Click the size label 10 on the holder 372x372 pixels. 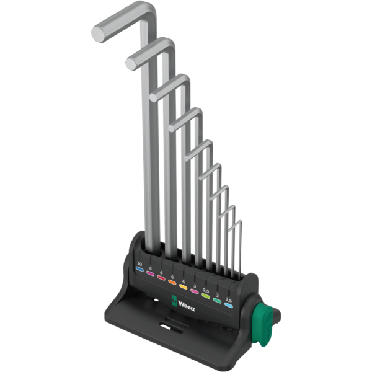click(139, 264)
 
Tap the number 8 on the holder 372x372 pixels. click(150, 268)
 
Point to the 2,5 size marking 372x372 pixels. click(206, 290)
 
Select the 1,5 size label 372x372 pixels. click(229, 300)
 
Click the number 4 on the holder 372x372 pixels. click(183, 281)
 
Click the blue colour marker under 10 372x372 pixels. click(139, 269)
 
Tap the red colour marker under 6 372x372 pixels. click(161, 278)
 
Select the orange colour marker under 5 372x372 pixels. click(172, 282)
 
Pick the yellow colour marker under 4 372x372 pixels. click(183, 286)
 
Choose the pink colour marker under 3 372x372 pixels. click(194, 291)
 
